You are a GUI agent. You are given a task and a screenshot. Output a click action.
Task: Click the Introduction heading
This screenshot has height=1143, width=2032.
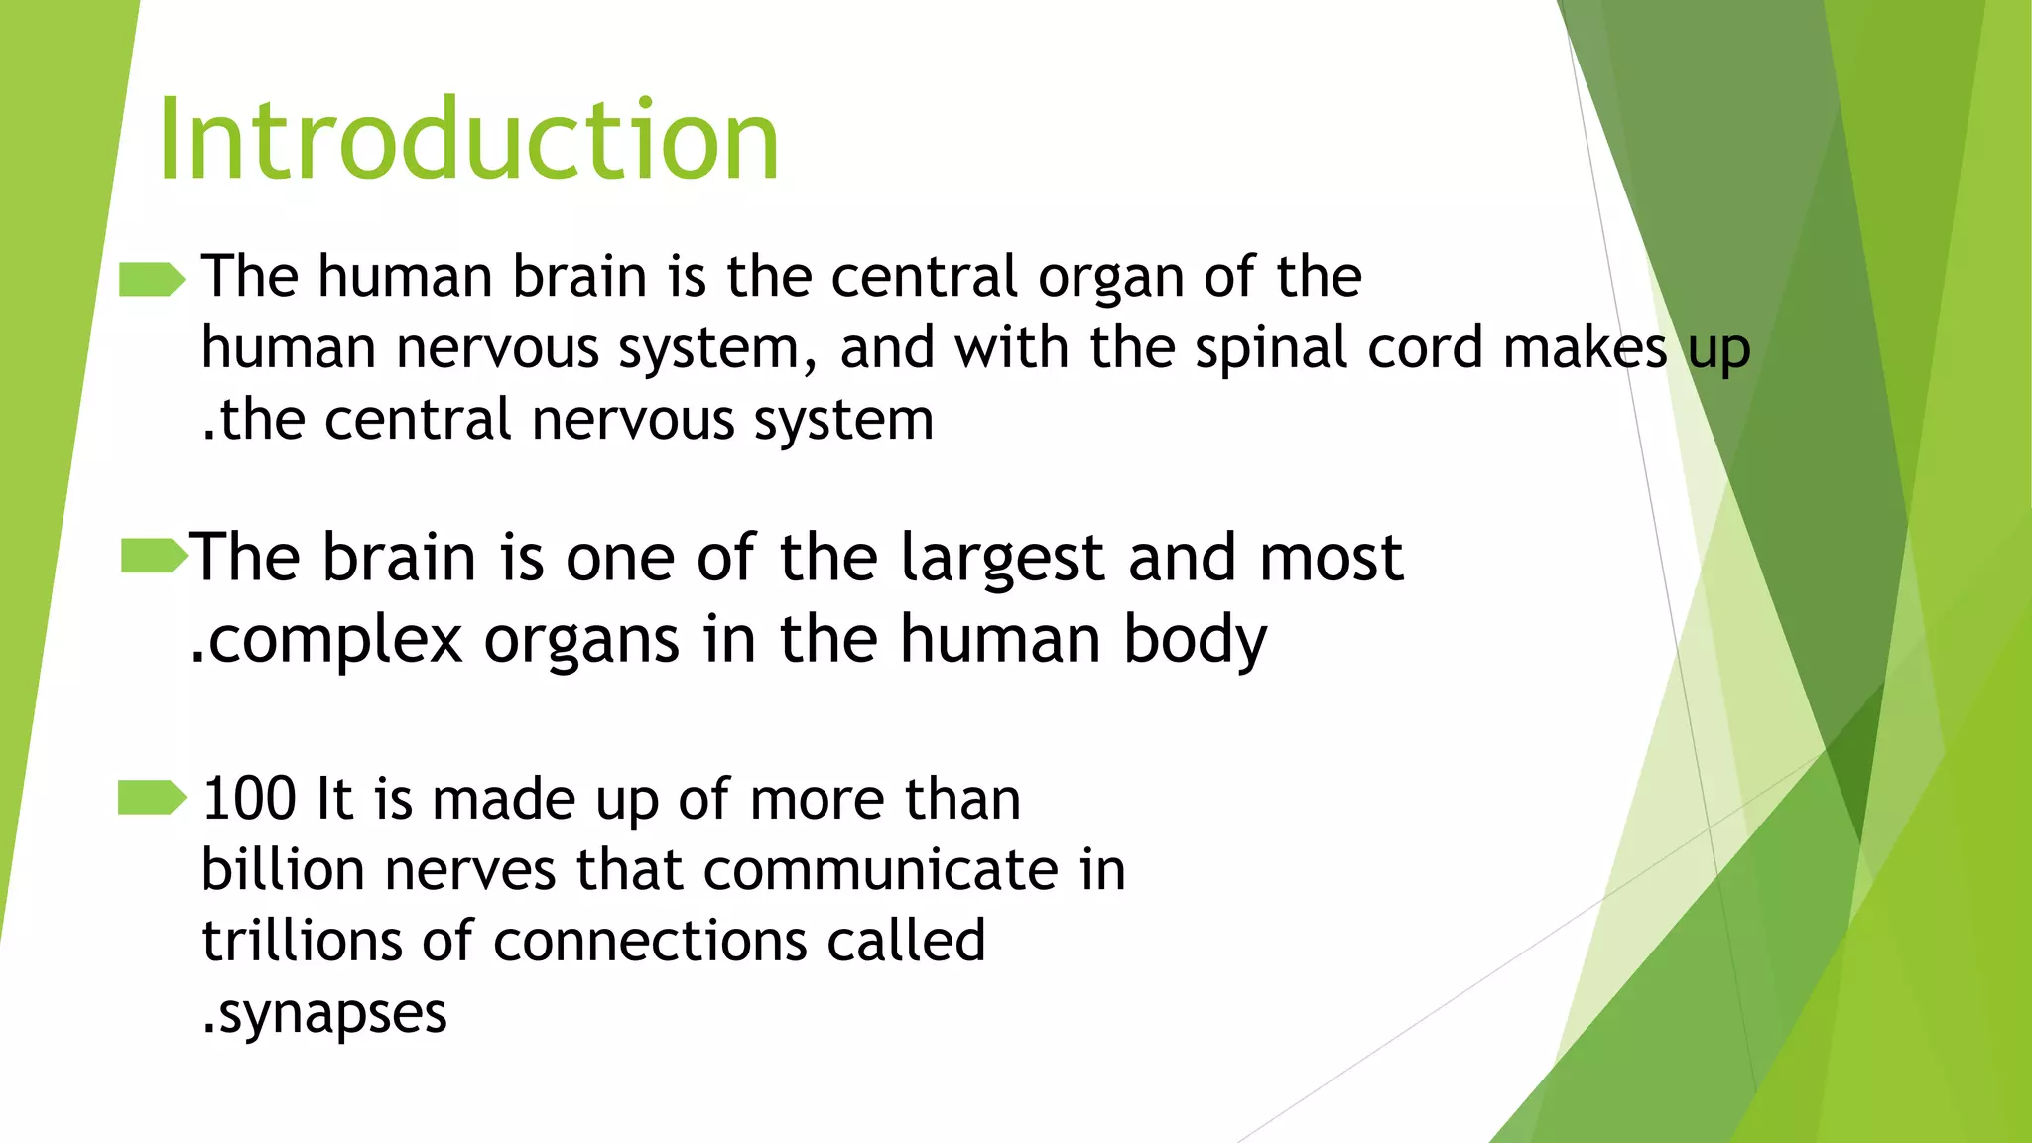pos(468,140)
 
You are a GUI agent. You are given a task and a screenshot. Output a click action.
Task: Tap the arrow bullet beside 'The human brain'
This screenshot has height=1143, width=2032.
pos(151,280)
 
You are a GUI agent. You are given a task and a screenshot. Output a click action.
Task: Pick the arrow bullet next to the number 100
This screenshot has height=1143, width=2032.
pos(151,798)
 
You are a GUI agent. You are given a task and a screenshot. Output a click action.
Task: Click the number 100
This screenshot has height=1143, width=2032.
pos(249,799)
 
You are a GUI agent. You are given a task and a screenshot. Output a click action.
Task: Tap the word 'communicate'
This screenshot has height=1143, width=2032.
pos(881,870)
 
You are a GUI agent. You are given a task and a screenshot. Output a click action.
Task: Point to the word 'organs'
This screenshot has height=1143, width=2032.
pos(581,640)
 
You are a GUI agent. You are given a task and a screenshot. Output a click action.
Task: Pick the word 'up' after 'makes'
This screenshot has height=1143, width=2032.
pos(1718,349)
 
